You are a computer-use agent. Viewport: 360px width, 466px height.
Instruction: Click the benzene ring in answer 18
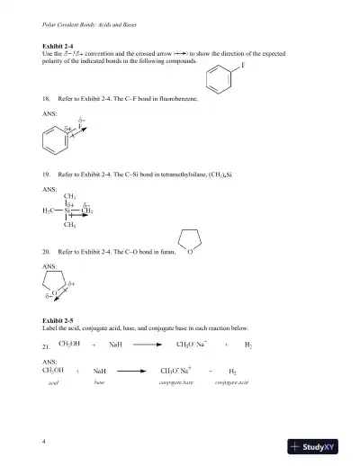point(56,142)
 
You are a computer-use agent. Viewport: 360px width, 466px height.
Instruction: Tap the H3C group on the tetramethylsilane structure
point(50,211)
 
